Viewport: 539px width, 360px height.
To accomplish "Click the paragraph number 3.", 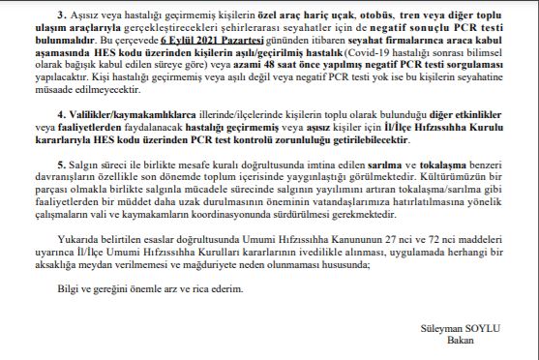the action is click(58, 17).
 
